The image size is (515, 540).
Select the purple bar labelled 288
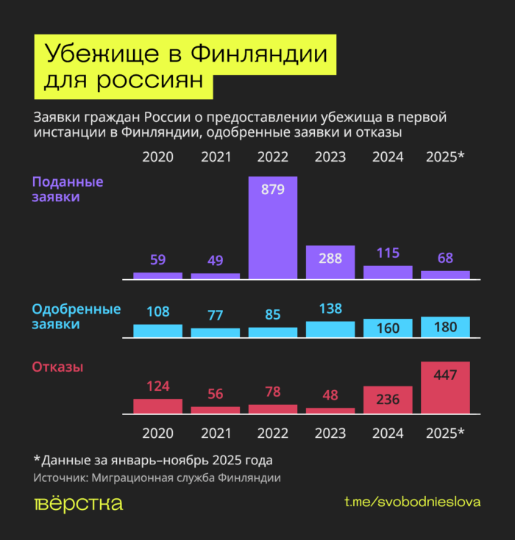[x=330, y=262]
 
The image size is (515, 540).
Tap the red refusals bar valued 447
[x=445, y=387]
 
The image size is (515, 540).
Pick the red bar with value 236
[x=388, y=400]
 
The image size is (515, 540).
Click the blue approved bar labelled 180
[x=445, y=327]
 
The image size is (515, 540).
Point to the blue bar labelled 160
[x=388, y=328]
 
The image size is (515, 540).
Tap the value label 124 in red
[x=157, y=385]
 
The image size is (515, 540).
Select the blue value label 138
[x=330, y=309]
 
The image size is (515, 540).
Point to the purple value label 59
[x=157, y=259]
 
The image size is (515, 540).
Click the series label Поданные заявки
[x=67, y=189]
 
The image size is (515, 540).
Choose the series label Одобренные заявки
[x=76, y=316]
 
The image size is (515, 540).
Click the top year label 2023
[x=330, y=156]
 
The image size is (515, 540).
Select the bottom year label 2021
[x=216, y=433]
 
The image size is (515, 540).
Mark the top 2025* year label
[x=446, y=156]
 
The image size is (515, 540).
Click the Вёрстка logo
[x=79, y=503]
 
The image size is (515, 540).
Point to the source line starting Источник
[x=157, y=478]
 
